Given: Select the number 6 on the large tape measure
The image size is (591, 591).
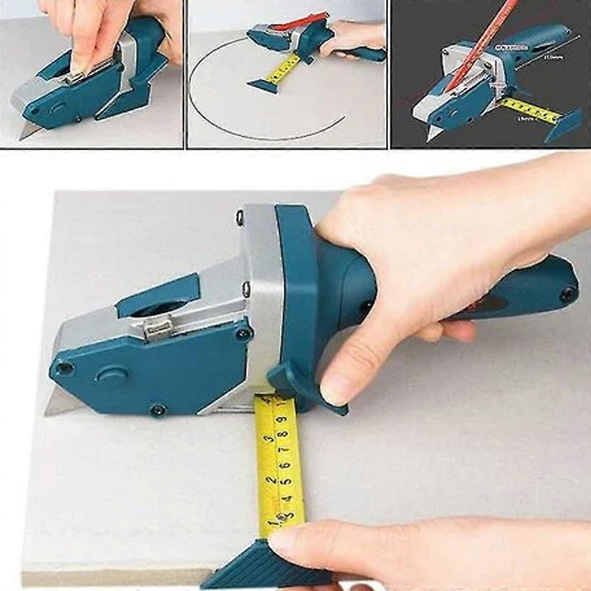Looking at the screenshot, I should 283,465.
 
